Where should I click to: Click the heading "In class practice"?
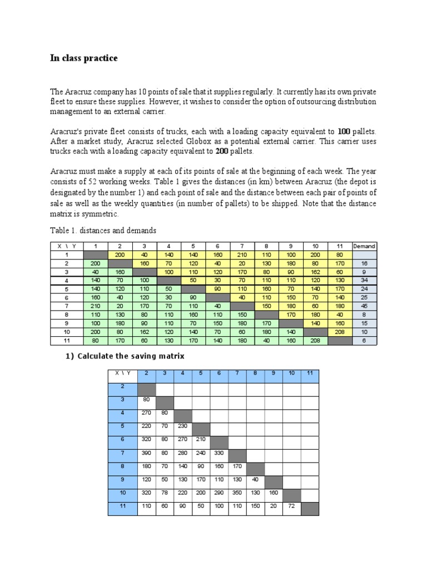click(83, 58)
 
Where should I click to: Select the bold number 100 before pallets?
click(344, 132)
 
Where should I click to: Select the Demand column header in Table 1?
click(364, 246)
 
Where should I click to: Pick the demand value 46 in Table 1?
click(364, 306)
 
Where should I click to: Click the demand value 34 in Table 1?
click(364, 281)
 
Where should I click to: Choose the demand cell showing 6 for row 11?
click(364, 341)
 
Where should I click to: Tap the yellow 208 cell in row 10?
click(339, 332)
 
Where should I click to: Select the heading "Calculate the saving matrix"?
click(131, 356)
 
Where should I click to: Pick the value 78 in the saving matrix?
click(166, 493)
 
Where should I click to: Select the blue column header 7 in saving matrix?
click(238, 374)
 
